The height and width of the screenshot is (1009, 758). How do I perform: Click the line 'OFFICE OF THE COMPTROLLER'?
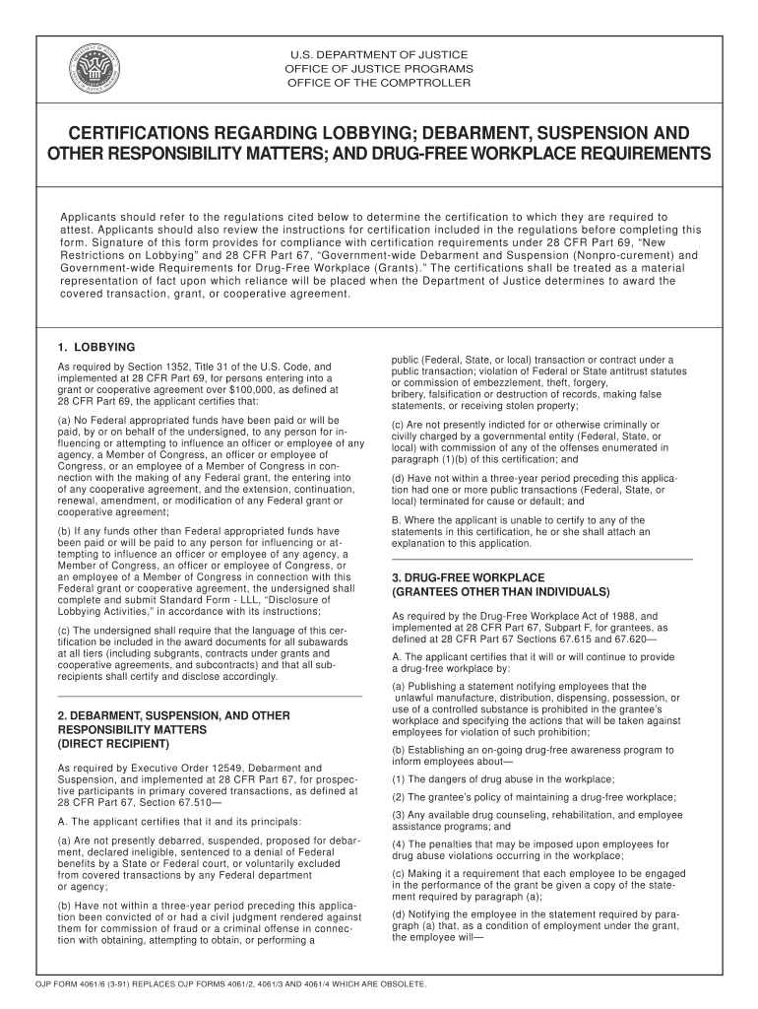click(378, 83)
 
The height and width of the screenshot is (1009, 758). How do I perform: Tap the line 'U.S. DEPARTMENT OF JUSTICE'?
click(378, 54)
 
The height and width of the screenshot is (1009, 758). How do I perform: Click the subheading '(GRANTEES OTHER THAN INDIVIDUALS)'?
click(501, 592)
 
